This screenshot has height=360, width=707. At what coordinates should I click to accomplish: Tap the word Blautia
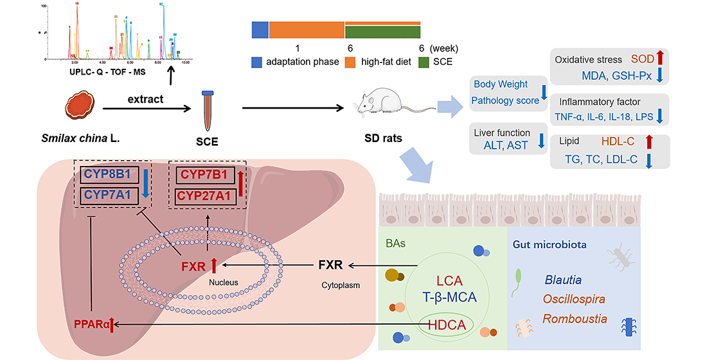564,280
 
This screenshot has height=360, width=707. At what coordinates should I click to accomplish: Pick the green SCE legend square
425,62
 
